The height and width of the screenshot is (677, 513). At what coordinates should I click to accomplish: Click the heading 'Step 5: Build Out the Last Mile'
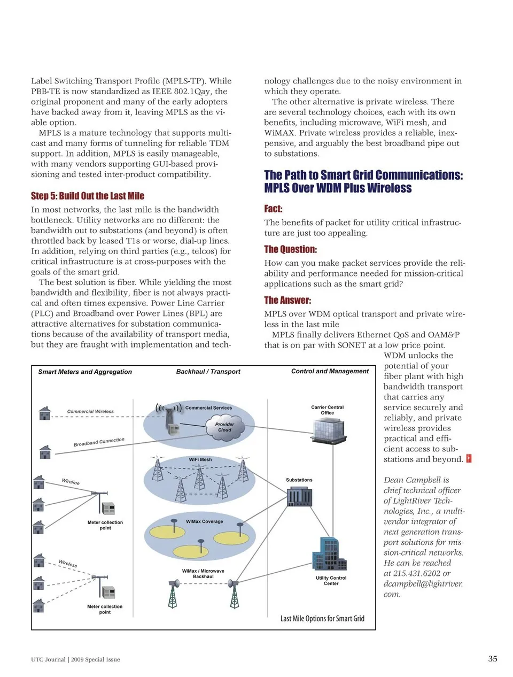[87, 196]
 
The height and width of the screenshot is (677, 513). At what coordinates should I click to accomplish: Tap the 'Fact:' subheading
[273, 209]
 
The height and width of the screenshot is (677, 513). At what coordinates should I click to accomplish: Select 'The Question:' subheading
[290, 249]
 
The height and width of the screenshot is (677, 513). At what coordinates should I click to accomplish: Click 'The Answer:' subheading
[287, 300]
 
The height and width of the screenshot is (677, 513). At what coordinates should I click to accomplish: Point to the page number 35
[492, 658]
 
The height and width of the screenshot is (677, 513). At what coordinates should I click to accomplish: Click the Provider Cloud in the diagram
[225, 427]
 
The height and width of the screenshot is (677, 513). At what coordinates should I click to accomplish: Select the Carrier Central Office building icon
[329, 430]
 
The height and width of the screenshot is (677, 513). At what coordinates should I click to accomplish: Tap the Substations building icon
[299, 496]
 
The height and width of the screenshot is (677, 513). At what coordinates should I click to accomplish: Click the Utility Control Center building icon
[329, 554]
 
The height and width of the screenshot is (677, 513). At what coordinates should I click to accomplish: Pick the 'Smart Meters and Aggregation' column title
[85, 372]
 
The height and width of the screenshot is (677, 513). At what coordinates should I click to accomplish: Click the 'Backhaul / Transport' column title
[208, 371]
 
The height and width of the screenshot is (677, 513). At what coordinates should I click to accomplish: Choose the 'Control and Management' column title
[330, 371]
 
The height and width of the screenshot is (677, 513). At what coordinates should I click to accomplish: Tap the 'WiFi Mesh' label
[200, 459]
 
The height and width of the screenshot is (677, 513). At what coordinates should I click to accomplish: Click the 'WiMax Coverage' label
[204, 521]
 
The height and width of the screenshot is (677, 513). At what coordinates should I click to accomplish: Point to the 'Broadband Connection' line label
[99, 442]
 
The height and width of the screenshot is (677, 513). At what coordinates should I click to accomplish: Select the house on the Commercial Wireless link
[45, 413]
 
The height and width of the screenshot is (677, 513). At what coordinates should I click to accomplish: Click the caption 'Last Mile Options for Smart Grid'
[322, 618]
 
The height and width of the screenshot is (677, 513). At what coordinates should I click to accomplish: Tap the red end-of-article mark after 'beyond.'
[469, 459]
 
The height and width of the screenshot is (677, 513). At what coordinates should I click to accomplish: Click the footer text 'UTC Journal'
[48, 659]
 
